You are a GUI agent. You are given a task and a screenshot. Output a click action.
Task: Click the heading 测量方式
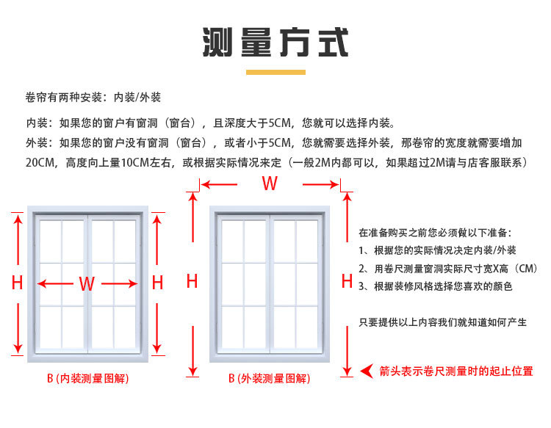275,42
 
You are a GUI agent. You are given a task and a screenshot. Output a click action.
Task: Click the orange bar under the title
275,72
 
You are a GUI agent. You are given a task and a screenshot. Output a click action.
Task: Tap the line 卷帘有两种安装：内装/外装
93,98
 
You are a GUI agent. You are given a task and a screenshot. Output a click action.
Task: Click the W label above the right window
270,183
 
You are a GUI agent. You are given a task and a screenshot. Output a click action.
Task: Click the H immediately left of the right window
192,280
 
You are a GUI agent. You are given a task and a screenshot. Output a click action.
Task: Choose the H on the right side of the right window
347,280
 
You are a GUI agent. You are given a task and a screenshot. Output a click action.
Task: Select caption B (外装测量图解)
269,379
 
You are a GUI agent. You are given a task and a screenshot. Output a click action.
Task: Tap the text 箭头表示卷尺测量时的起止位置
456,371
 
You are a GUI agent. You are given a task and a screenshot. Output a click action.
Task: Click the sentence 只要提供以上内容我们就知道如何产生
442,322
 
